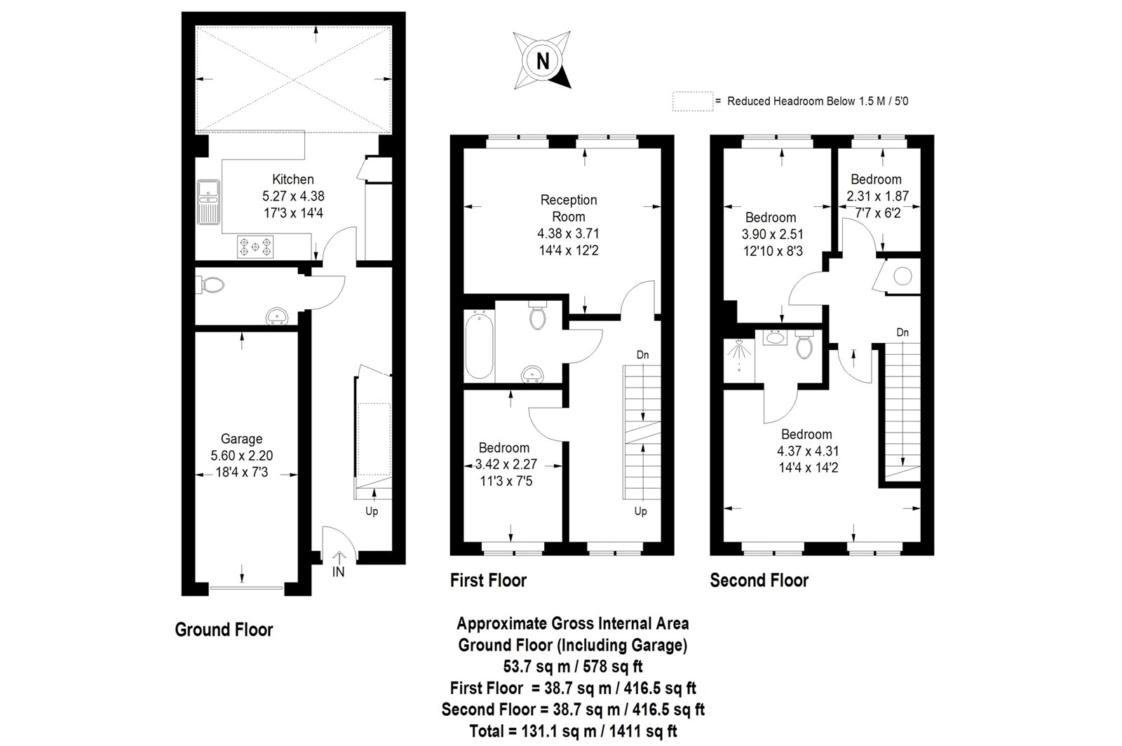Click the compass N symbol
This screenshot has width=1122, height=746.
543,61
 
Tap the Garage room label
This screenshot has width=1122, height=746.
241,439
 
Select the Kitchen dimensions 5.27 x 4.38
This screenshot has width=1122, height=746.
293,197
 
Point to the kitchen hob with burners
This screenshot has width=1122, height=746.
256,246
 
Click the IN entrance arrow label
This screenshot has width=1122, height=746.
339,571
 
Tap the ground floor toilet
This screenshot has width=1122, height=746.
211,285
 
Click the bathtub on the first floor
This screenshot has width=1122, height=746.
480,346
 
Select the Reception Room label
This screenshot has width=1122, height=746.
568,208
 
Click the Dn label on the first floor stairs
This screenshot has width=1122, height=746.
642,355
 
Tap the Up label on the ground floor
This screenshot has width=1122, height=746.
372,511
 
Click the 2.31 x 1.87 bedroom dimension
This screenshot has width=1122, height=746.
877,196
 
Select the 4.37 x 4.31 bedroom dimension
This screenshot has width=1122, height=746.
806,451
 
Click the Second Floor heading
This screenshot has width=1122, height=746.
759,581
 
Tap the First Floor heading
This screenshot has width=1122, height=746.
488,581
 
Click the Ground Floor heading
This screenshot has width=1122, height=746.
224,630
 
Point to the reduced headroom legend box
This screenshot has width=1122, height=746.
691,101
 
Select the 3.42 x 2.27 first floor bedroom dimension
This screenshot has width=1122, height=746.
503,464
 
